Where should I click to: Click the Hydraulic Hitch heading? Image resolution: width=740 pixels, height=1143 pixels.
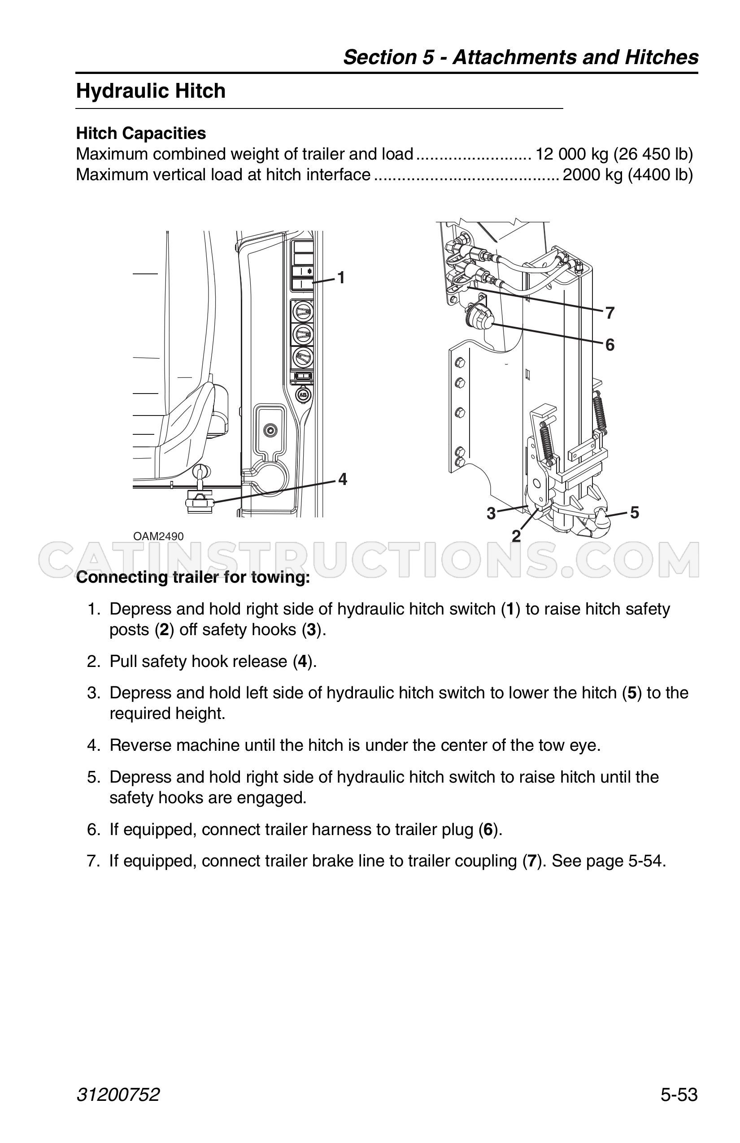[150, 91]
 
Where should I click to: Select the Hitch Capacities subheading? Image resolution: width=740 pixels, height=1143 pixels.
[141, 133]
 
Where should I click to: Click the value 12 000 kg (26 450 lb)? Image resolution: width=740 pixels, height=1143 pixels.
[614, 154]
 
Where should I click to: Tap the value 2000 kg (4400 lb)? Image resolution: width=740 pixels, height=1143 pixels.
[627, 174]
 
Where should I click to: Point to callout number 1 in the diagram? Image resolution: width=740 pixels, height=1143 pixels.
[341, 277]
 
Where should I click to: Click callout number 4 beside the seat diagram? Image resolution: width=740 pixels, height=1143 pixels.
[343, 479]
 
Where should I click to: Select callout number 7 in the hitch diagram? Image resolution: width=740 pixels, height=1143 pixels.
[610, 313]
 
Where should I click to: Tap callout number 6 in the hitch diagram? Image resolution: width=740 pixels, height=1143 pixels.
[610, 345]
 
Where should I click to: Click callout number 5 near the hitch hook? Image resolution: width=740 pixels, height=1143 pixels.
[634, 512]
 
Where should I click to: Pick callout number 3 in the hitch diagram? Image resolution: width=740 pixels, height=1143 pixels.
[491, 513]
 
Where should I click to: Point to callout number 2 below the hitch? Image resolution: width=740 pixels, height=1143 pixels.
[516, 536]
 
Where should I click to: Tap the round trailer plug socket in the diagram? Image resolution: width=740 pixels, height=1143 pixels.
[478, 318]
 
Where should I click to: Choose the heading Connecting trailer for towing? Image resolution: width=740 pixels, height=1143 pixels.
[193, 577]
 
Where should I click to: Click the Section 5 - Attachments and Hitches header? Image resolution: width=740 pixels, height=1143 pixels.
[521, 57]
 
